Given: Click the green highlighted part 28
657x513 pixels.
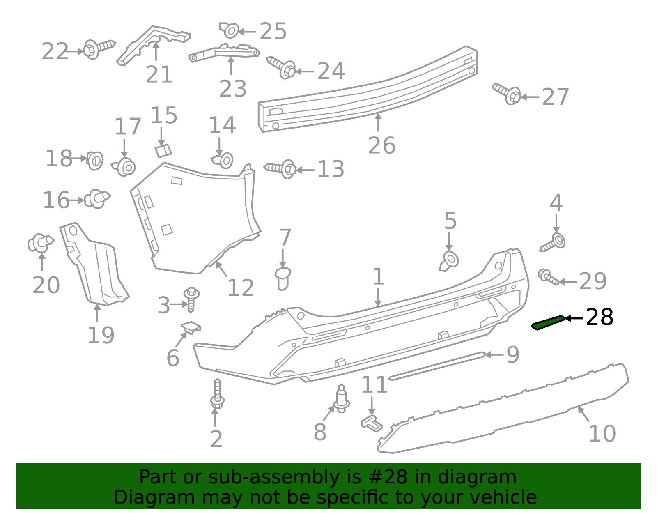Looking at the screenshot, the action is [x=548, y=322].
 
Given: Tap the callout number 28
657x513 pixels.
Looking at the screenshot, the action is [x=599, y=317].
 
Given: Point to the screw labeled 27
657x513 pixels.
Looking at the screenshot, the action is [x=506, y=93].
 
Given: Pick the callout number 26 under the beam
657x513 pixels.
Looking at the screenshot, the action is [x=381, y=145].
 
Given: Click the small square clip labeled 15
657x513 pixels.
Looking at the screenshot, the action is [x=163, y=151].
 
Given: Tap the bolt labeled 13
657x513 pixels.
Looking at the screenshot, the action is [x=280, y=169].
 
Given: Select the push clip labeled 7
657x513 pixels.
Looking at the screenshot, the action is [x=283, y=279].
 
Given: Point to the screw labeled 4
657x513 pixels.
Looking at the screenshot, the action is [x=553, y=242].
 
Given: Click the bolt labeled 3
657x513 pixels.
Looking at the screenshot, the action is [x=191, y=299].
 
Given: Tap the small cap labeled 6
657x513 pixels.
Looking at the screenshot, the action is [x=191, y=327].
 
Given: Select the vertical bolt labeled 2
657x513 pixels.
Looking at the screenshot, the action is [x=217, y=393].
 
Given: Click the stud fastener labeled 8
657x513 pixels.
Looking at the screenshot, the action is [x=341, y=398].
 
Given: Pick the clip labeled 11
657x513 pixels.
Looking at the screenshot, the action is [x=372, y=423].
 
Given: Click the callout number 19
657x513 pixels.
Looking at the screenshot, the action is [x=101, y=335].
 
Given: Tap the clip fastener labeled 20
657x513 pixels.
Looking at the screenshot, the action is [x=41, y=243].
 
